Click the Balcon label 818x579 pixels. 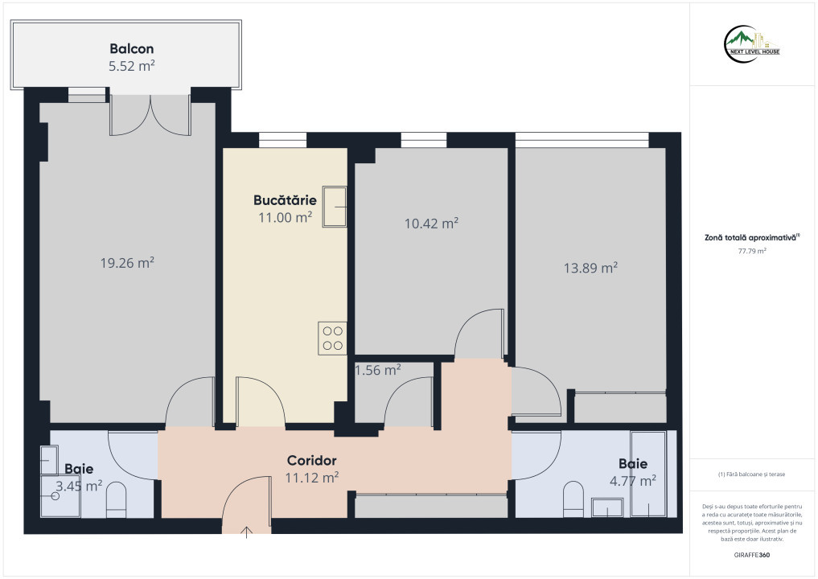[131, 48]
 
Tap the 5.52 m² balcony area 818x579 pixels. [131, 66]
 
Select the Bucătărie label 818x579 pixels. [285, 199]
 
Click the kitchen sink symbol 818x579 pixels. [335, 207]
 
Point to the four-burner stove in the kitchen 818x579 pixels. [332, 338]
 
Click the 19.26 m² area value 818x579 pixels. [127, 262]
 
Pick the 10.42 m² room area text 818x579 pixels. [431, 224]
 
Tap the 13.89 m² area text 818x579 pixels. [590, 268]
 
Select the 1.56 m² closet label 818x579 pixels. [378, 370]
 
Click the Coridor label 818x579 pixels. [311, 460]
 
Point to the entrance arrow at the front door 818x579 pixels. [246, 532]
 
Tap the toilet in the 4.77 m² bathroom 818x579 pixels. [573, 499]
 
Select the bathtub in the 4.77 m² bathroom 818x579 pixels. [648, 474]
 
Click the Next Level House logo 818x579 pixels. [752, 44]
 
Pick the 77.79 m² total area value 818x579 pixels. [752, 251]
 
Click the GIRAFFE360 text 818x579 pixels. [752, 555]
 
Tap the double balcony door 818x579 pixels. [150, 115]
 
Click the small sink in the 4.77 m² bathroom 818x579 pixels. [607, 507]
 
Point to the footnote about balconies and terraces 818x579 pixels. [752, 474]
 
